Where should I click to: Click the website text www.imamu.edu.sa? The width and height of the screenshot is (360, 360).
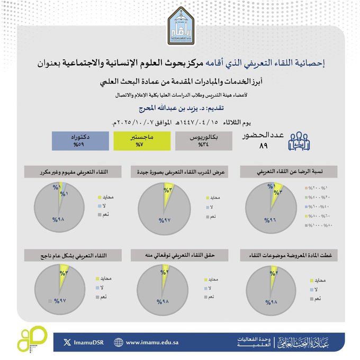tap(155, 343)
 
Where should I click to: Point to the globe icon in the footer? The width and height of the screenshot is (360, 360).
tap(119, 343)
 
